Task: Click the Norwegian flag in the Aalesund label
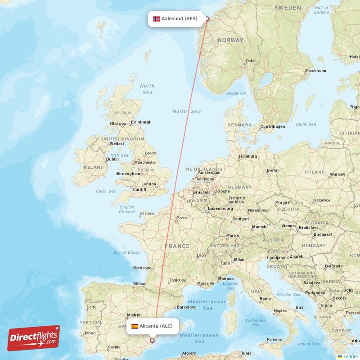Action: pyautogui.click(x=156, y=19)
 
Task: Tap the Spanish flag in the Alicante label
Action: pyautogui.click(x=135, y=326)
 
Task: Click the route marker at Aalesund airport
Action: pyautogui.click(x=207, y=19)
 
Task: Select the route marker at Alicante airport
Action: pyautogui.click(x=152, y=341)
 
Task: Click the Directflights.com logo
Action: pyautogui.click(x=34, y=337)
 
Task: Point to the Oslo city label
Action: pyautogui.click(x=250, y=61)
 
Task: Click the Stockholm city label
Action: pyautogui.click(x=315, y=71)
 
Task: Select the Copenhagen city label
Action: pyautogui.click(x=273, y=126)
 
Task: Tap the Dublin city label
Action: pyautogui.click(x=112, y=159)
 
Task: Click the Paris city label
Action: pyautogui.click(x=181, y=218)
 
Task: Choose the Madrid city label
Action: pyautogui.click(x=134, y=315)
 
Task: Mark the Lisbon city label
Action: pyautogui.click(x=89, y=333)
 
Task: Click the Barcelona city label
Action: pyautogui.click(x=186, y=307)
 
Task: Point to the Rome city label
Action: pyautogui.click(x=265, y=299)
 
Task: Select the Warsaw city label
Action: pyautogui.click(x=337, y=174)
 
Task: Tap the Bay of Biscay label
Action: pyautogui.click(x=127, y=252)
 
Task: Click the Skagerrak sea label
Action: pyautogui.click(x=236, y=93)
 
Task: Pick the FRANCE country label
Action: pyautogui.click(x=177, y=246)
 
